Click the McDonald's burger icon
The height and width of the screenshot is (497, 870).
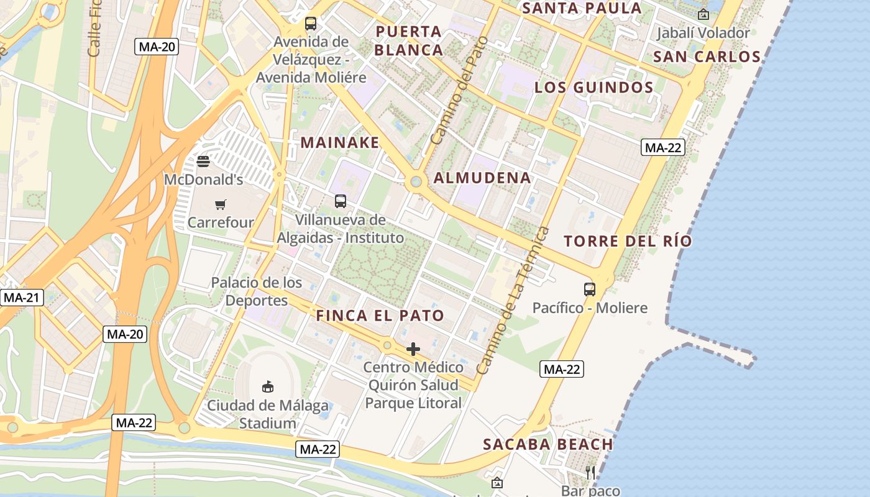click(x=203, y=162)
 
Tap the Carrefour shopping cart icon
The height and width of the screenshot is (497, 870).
click(x=220, y=204)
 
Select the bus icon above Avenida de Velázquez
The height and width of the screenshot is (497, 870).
click(x=310, y=24)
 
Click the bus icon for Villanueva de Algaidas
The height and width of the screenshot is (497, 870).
click(x=341, y=201)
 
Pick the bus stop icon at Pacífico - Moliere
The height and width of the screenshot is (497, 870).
click(x=589, y=290)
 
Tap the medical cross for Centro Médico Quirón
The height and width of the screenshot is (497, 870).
click(x=413, y=349)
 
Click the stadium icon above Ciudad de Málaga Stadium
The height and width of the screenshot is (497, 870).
click(x=268, y=387)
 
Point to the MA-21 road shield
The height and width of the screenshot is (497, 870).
click(x=22, y=298)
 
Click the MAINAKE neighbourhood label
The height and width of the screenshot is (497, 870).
click(x=340, y=142)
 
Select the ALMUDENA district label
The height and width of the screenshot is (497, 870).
click(x=482, y=178)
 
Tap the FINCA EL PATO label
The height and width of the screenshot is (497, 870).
click(x=380, y=315)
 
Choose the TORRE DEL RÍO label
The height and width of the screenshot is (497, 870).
click(x=628, y=241)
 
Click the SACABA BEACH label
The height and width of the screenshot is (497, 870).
click(x=548, y=444)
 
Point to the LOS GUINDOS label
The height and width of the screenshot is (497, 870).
click(x=594, y=88)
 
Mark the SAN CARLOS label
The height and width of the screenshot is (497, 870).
click(x=707, y=57)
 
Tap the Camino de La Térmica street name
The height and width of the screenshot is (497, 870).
click(x=514, y=301)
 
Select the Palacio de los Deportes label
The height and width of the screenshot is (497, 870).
click(x=257, y=291)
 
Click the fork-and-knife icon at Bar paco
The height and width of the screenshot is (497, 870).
click(x=590, y=473)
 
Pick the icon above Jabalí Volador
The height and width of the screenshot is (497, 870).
click(x=703, y=14)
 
